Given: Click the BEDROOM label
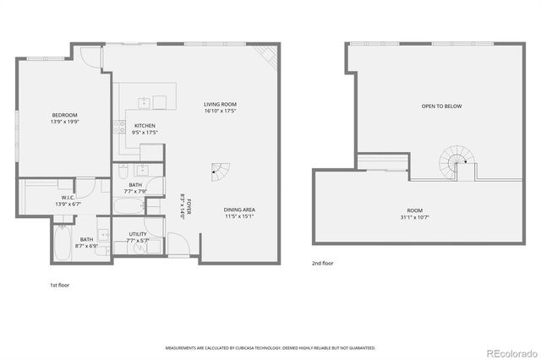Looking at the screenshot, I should pos(64,115).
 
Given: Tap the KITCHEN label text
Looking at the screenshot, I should pos(145,126).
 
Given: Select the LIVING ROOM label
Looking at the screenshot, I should pos(219,104).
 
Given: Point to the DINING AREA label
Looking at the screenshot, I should pos(239,210).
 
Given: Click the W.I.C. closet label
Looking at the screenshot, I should pos(46,197).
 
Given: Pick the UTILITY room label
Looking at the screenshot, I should pos(138,234).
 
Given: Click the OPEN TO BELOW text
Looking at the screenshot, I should pos(442,106).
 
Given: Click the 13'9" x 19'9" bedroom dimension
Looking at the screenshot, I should pos(64,122).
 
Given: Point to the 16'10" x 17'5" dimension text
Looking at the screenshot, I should pos(219,111).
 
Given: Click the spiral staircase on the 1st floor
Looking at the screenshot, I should pos(219,170).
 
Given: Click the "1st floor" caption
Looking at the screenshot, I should pos(59,286).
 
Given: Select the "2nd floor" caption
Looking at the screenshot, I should pos(322,264).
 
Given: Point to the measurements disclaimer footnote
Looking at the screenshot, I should pos(270,347).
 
